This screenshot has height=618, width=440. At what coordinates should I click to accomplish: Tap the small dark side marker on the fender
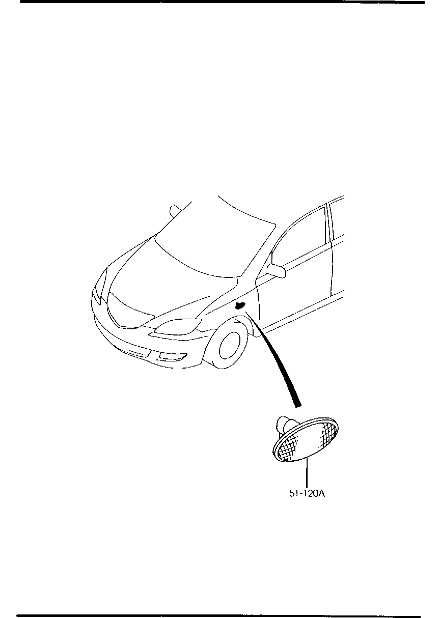[x=239, y=305]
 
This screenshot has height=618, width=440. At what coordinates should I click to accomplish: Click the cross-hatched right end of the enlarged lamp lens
[x=328, y=435]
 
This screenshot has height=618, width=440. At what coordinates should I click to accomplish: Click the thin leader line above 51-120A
[x=307, y=472]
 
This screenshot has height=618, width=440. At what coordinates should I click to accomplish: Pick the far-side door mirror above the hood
[x=175, y=211]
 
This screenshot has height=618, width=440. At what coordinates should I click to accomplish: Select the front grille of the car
[x=129, y=311]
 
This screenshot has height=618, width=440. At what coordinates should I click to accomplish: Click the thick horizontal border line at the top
[x=223, y=2]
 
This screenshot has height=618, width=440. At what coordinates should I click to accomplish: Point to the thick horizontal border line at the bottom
[x=218, y=616]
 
